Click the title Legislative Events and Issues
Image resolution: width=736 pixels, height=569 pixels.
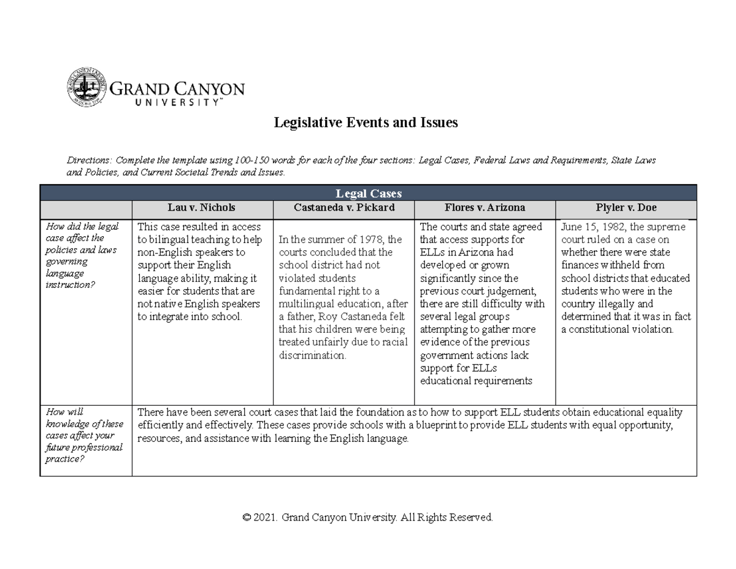click(366, 123)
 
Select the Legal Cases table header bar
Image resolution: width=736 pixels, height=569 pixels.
click(368, 193)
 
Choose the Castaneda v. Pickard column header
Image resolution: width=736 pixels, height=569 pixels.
click(343, 208)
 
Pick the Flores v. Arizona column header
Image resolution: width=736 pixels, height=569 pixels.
click(485, 208)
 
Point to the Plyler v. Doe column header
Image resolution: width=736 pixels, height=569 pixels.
click(626, 208)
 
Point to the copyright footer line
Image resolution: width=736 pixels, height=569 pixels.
click(368, 517)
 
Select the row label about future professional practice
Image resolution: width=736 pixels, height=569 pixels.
click(84, 435)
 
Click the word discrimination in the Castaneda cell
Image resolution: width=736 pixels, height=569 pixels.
click(312, 355)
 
